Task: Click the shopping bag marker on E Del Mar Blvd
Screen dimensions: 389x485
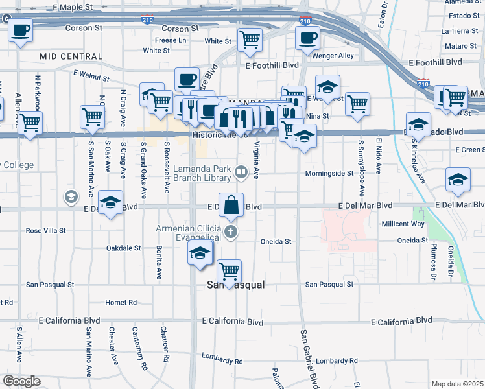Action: [231, 206]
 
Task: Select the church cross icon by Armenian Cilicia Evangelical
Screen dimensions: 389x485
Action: [231, 231]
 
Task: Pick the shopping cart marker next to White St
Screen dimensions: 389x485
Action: [250, 40]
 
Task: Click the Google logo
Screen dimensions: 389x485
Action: [21, 381]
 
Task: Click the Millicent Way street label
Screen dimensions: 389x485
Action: [403, 224]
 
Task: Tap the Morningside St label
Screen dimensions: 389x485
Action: [329, 174]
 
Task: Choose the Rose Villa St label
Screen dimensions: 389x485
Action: [46, 230]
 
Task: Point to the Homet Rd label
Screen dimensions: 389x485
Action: [121, 302]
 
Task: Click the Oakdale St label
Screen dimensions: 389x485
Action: [123, 248]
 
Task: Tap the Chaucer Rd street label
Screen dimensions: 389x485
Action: [166, 349]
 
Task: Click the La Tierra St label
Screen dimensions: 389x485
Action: [459, 30]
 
